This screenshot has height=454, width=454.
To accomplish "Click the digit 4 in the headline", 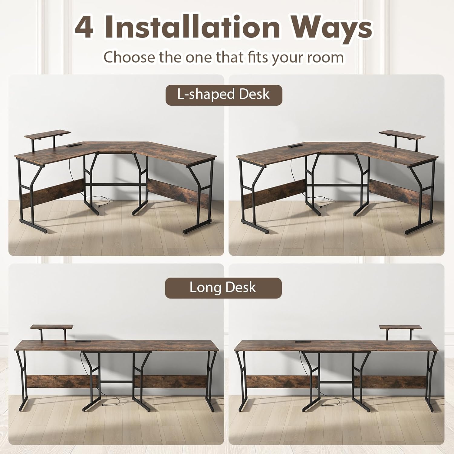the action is pos(84,28).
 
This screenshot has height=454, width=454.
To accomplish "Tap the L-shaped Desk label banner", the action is pos(224,95).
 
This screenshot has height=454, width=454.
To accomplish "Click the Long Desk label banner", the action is pos(223,288).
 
